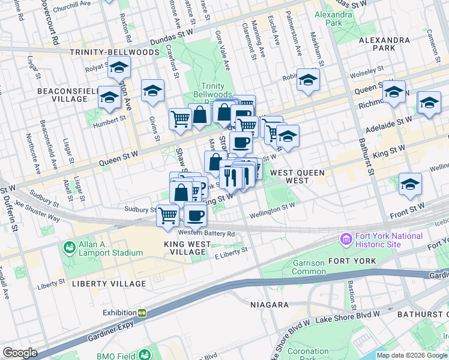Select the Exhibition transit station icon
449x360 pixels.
coord(142,313)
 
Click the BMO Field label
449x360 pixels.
coord(115,356)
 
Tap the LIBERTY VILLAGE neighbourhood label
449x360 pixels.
coord(108,284)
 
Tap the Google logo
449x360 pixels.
coord(20,353)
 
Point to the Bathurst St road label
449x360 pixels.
coord(370,162)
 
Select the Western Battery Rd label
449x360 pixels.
coord(205,233)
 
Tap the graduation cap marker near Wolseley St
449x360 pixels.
coord(308,79)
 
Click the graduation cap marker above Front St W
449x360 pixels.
coord(410,184)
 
